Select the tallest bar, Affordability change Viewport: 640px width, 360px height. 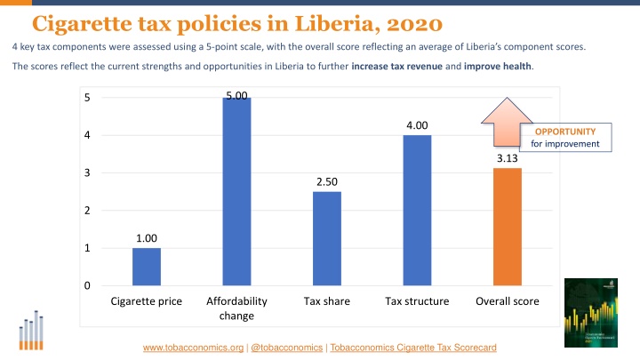pos(236,191)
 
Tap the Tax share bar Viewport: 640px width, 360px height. pos(326,238)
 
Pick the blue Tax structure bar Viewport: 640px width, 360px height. pos(417,210)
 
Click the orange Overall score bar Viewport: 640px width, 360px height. pos(508,227)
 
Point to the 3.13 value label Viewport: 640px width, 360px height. pos(508,158)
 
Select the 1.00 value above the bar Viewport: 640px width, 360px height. pos(147,238)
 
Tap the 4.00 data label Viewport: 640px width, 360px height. pos(417,125)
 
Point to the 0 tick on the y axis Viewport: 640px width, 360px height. pos(87,286)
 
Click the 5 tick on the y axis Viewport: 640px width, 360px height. pos(87,98)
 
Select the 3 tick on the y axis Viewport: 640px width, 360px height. pos(87,173)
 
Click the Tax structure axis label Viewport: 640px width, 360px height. pos(417,302)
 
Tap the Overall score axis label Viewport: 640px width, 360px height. pos(508,302)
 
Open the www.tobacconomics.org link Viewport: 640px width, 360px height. pos(195,347)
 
